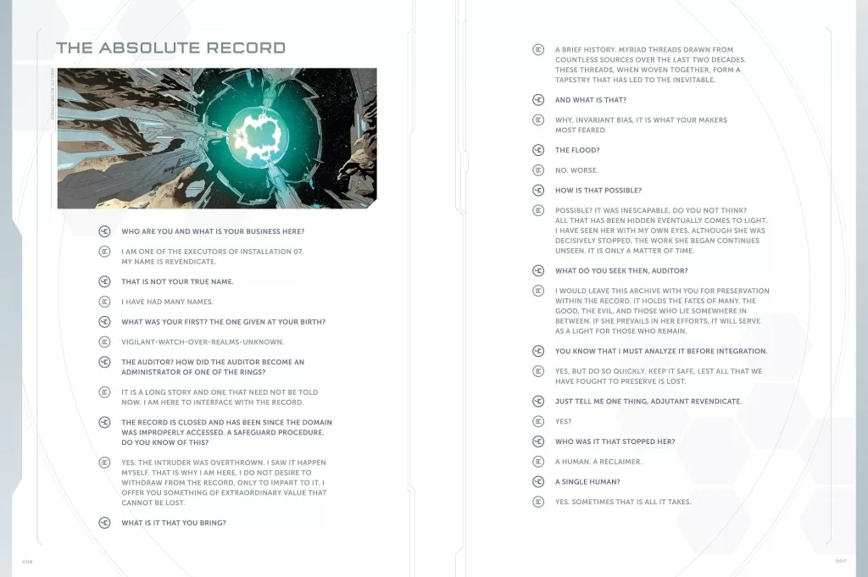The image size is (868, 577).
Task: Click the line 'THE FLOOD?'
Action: pyautogui.click(x=577, y=150)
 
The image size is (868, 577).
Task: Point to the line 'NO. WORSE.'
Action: pyautogui.click(x=576, y=170)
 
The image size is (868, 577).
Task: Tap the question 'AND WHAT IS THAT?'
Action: pyautogui.click(x=591, y=100)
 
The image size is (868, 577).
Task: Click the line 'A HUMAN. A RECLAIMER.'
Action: pyautogui.click(x=598, y=462)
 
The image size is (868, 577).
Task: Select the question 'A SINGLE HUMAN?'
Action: pyautogui.click(x=587, y=482)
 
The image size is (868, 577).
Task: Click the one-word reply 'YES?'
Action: pyautogui.click(x=564, y=421)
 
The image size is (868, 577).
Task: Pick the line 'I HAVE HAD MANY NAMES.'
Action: pyautogui.click(x=167, y=302)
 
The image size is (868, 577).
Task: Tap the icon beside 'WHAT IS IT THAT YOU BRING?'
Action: pyautogui.click(x=104, y=523)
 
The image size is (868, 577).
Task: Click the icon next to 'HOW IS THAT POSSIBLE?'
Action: pyautogui.click(x=538, y=191)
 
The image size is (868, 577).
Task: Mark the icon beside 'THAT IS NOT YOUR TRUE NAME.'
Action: pyautogui.click(x=104, y=281)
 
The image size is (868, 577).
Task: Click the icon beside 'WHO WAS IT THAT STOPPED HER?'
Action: pyautogui.click(x=538, y=441)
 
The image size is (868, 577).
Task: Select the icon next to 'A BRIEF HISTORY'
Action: pyautogui.click(x=538, y=50)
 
